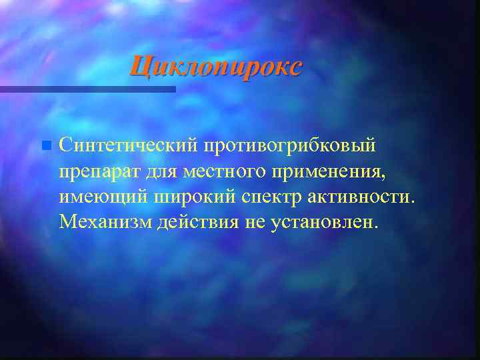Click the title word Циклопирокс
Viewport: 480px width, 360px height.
[x=215, y=67]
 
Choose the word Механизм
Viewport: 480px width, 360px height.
[x=105, y=221]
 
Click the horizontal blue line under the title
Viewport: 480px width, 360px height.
[x=87, y=89]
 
